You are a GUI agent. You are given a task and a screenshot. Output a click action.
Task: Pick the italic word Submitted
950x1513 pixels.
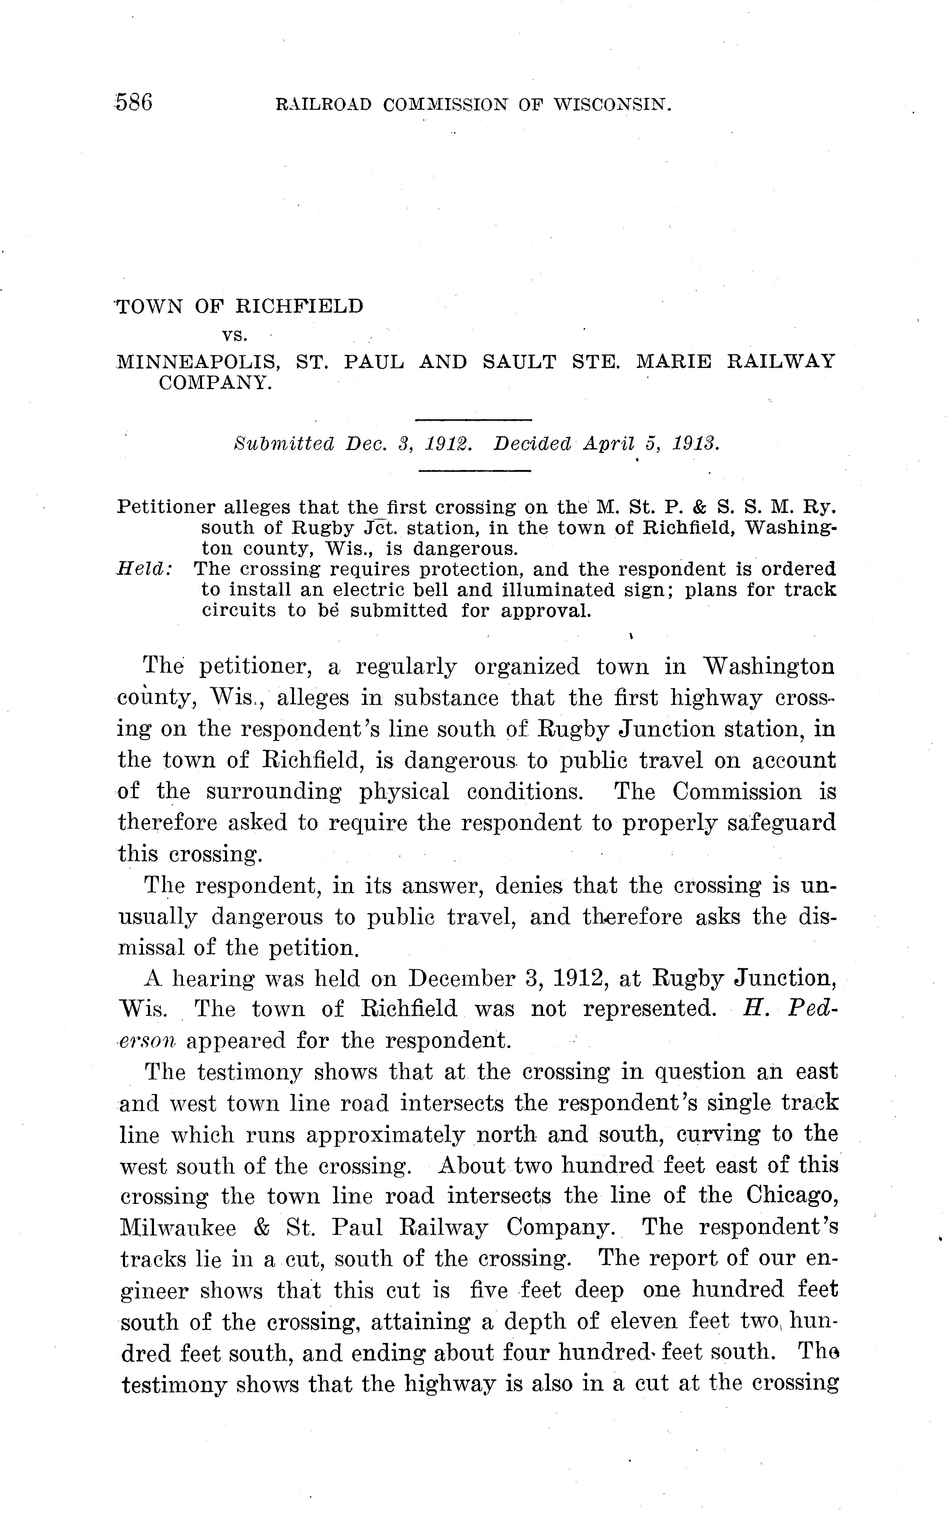point(283,444)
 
